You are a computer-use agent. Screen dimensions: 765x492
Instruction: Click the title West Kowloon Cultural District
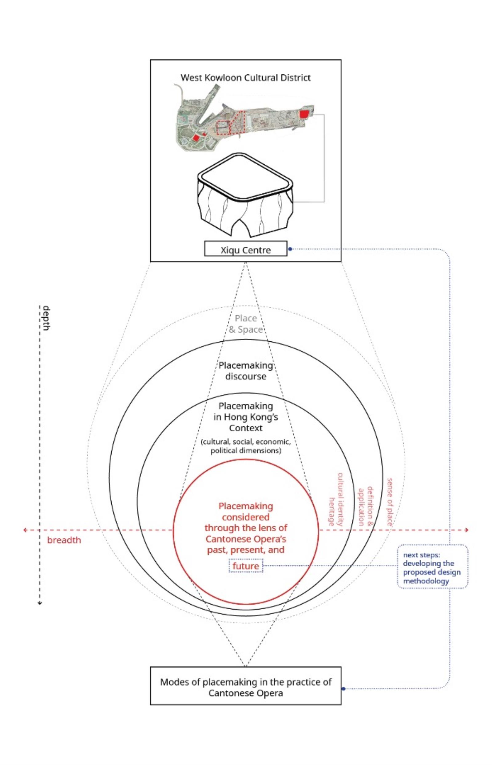[245, 77]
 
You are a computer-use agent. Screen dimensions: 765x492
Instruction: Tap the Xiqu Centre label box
[245, 250]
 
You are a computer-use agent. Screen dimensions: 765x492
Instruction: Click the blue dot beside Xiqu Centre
[290, 249]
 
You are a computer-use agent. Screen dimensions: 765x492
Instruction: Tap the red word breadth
[64, 540]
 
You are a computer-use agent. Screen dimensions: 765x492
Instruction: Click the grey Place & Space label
[246, 324]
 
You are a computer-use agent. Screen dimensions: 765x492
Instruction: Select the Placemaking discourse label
[246, 371]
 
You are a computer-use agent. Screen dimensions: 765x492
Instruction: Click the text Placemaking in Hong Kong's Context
[246, 417]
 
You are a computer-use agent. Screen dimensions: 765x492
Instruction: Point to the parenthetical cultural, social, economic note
[246, 446]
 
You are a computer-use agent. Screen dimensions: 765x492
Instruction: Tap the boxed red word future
[246, 566]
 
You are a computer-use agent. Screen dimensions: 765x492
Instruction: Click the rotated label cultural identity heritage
[336, 500]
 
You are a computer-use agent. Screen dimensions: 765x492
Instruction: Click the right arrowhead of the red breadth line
[467, 530]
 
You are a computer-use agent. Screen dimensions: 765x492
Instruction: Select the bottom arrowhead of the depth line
[40, 603]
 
